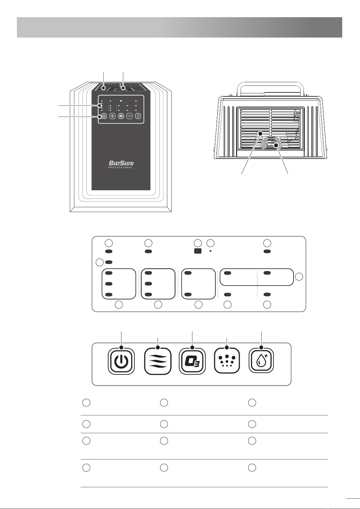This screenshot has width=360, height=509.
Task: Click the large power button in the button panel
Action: (x=121, y=361)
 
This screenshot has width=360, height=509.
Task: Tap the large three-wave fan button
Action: (x=158, y=361)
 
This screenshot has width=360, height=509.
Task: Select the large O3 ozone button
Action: (x=192, y=361)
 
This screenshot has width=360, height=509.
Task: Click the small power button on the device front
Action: (x=104, y=116)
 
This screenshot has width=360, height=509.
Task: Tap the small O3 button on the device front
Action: (x=121, y=116)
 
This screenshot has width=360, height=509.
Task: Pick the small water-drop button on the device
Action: (x=138, y=116)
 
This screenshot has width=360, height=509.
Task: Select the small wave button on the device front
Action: (x=112, y=116)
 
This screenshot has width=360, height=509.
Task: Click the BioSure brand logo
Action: (x=121, y=163)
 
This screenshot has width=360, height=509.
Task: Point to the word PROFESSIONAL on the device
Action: (x=121, y=168)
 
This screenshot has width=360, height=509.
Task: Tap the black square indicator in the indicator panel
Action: (x=198, y=251)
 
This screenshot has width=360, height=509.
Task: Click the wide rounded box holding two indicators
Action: (x=256, y=277)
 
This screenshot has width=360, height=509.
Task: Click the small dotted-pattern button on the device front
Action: (x=130, y=116)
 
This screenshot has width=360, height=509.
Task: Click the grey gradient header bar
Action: (x=179, y=27)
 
